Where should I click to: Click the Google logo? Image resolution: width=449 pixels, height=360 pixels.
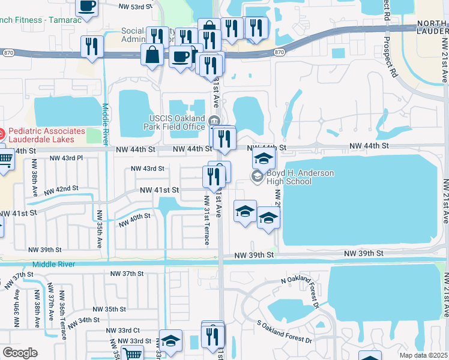[20, 352]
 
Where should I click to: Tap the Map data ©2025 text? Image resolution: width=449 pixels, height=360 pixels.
[424, 355]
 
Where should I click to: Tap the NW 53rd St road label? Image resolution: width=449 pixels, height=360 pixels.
[136, 7]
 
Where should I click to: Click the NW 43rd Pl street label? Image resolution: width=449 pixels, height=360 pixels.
[67, 158]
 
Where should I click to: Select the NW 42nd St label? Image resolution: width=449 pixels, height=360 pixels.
[62, 189]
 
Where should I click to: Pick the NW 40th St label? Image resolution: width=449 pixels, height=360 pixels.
[134, 220]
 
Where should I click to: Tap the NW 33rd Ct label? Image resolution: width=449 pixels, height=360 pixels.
[123, 331]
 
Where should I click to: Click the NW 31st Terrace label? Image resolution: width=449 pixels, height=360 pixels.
[206, 220]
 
